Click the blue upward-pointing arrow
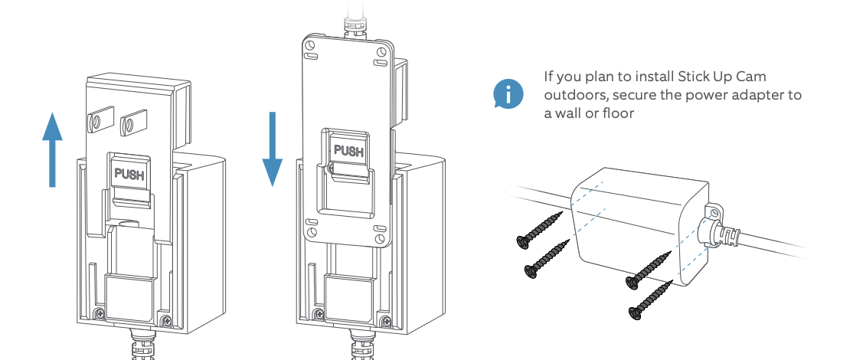pos(51,149)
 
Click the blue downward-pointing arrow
pos(273,149)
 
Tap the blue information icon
pos(508,93)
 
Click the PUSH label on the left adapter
pos(128,174)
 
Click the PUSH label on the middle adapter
pos(348,151)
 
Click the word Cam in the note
pos(751,77)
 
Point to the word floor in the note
pos(623,113)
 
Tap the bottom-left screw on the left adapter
pos(100,314)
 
